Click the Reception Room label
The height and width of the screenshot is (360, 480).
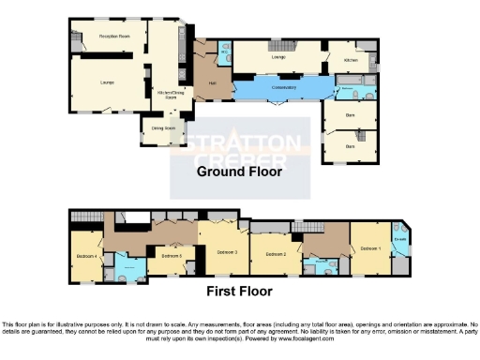click(113, 37)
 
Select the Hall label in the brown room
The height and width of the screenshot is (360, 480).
click(200, 82)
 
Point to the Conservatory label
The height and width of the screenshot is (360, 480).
click(283, 87)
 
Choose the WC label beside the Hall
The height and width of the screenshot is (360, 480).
click(224, 52)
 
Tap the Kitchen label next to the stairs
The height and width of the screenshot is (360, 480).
click(351, 59)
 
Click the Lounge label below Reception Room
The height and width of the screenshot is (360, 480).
click(108, 82)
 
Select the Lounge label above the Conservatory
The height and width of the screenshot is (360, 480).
click(278, 57)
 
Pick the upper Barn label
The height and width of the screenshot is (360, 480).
click(351, 116)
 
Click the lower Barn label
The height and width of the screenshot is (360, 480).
click(351, 146)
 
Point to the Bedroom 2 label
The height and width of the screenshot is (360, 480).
click(275, 254)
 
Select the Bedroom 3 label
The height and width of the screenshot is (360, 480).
click(227, 252)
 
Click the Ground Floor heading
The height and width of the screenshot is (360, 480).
click(239, 172)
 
